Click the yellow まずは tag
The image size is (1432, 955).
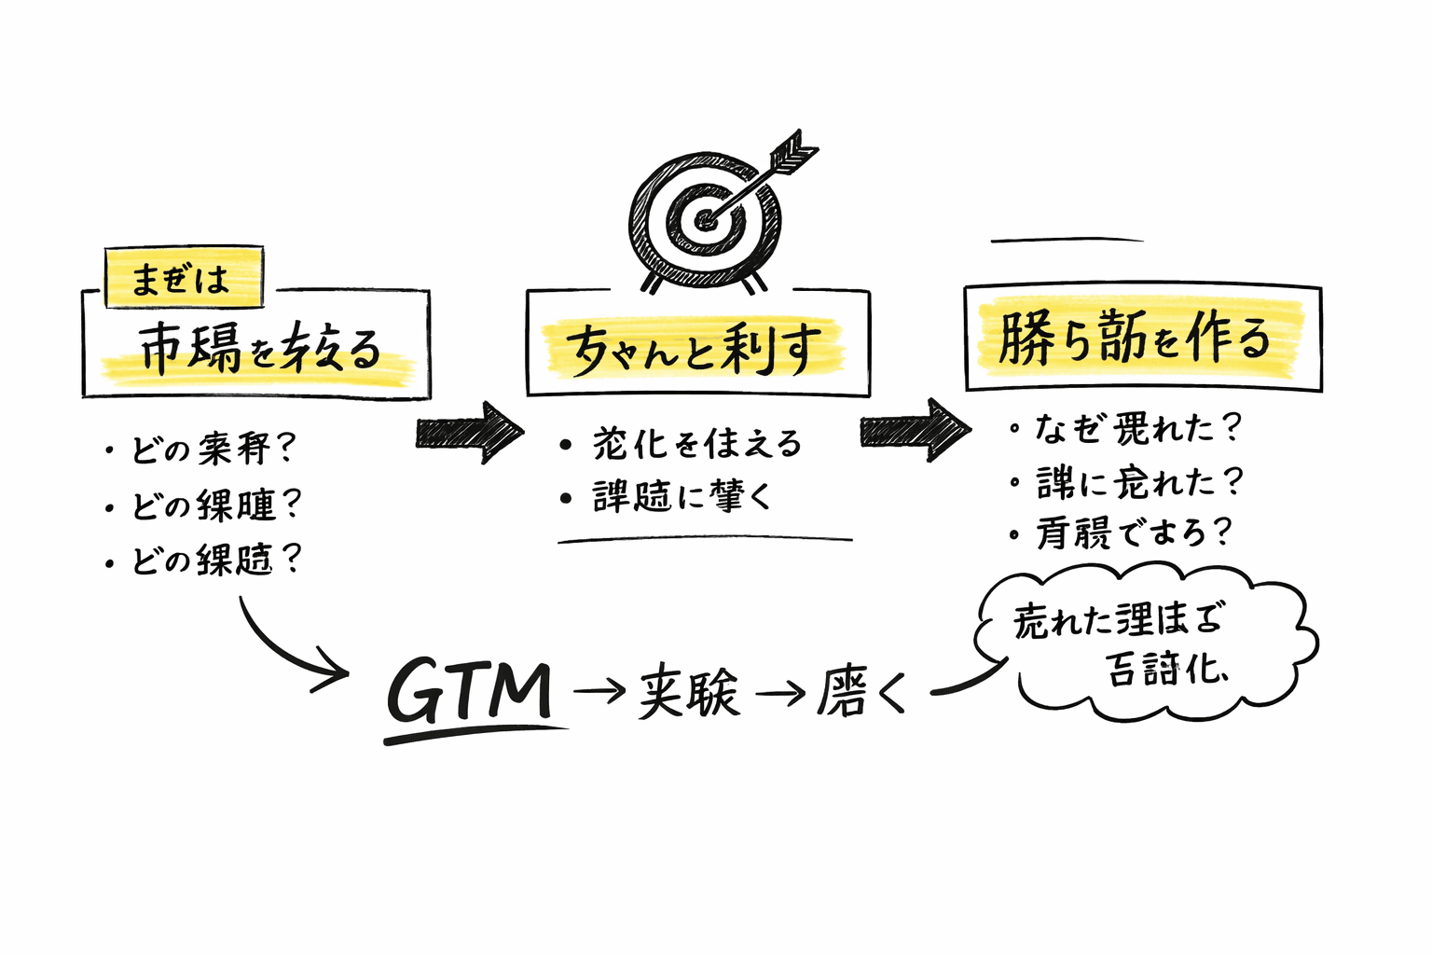183,278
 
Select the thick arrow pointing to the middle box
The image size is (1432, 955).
470,432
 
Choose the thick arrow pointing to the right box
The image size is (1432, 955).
914,430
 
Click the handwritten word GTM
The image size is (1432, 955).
469,692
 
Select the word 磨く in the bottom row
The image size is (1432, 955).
861,694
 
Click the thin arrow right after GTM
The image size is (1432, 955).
599,691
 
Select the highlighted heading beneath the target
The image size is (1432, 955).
695,349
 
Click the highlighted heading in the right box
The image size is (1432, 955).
1136,338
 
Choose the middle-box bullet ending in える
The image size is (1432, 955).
695,443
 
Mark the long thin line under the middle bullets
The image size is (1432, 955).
705,539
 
